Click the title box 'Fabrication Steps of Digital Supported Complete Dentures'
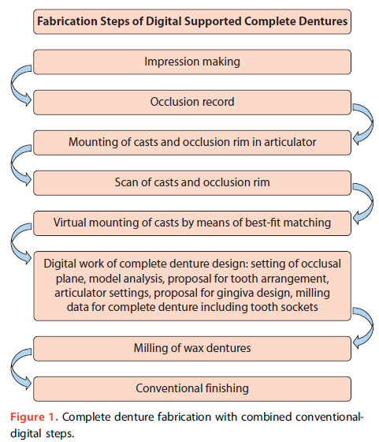pyautogui.click(x=192, y=22)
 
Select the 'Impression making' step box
pyautogui.click(x=192, y=62)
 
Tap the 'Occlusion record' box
pyautogui.click(x=192, y=103)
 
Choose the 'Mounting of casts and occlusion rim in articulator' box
pyautogui.click(x=192, y=143)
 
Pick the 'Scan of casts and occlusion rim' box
pyautogui.click(x=192, y=183)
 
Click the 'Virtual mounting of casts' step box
pyautogui.click(x=192, y=223)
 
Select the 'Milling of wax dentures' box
pyautogui.click(x=192, y=348)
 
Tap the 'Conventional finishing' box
pyautogui.click(x=192, y=388)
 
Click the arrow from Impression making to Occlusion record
pyautogui.click(x=13, y=84)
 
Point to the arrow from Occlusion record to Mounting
pyautogui.click(x=371, y=123)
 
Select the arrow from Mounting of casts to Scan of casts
pyautogui.click(x=13, y=164)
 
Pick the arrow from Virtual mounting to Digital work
pyautogui.click(x=13, y=243)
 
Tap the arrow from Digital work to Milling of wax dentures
pyautogui.click(x=371, y=327)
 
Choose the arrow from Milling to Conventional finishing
pyautogui.click(x=13, y=368)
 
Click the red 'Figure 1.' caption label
pyautogui.click(x=34, y=417)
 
